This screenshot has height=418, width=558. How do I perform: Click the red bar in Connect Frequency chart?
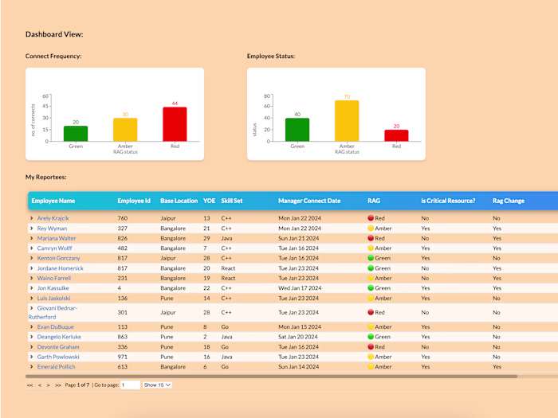coord(175,124)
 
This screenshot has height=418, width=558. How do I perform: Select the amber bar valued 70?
coord(347,121)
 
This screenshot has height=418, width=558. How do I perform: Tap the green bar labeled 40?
coord(297,130)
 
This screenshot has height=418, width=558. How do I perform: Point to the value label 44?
coord(175,104)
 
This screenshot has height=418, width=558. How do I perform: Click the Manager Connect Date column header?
coord(309,201)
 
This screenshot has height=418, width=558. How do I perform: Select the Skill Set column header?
coord(232,201)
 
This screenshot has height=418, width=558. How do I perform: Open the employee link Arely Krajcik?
coord(54,218)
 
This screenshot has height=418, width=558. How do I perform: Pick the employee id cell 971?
coord(123,357)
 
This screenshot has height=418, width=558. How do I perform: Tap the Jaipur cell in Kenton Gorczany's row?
coord(168,258)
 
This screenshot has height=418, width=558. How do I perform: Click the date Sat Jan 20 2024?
coord(300,337)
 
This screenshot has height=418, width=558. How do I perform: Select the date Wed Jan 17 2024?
coord(300,288)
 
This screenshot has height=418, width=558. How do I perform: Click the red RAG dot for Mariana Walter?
coord(371,238)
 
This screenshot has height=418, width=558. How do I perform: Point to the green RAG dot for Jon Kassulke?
coord(371,288)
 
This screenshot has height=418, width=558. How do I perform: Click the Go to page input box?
coord(130,385)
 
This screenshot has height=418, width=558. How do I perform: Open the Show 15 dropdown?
coord(157,385)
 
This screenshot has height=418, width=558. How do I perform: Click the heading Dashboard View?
coord(54,34)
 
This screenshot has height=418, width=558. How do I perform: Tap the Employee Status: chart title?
coord(271,57)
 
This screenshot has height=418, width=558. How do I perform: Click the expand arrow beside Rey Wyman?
coord(32,229)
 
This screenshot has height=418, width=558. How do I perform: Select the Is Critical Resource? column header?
coord(448,201)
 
